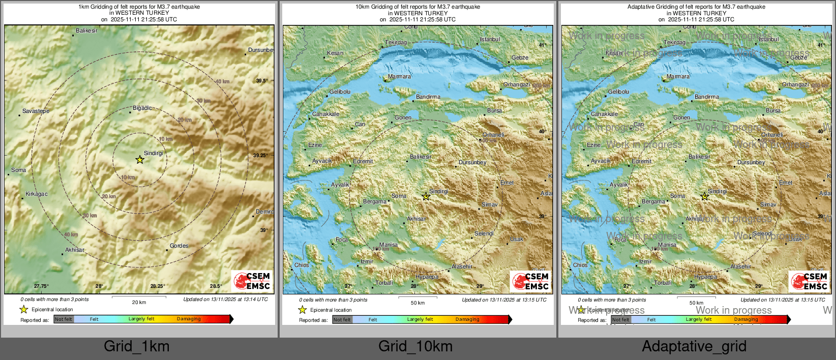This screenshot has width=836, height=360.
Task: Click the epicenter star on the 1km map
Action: click(140, 160)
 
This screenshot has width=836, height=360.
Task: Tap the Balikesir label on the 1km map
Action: click(86, 31)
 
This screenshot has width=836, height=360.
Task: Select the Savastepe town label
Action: click(36, 111)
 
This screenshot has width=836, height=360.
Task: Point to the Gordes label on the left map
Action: click(179, 246)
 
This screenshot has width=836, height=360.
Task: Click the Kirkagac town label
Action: click(37, 194)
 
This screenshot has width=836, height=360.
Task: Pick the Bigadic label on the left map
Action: click(142, 108)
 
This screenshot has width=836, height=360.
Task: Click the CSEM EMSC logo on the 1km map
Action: click(252, 281)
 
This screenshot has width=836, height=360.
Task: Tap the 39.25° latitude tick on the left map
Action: click(260, 156)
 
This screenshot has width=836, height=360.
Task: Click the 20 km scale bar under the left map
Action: click(139, 297)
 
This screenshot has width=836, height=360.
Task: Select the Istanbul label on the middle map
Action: click(490, 39)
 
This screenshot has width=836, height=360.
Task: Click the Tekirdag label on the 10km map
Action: click(396, 43)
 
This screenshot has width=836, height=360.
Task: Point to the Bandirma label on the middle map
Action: click(428, 97)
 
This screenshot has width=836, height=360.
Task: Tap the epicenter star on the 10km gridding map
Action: click(426, 197)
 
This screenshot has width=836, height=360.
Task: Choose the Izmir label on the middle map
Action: click(367, 261)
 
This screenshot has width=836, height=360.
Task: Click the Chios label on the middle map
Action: click(302, 265)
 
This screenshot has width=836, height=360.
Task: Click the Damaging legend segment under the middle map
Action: click(467, 319)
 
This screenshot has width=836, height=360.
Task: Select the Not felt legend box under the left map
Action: click(64, 319)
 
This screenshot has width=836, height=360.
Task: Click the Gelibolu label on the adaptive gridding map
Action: click(619, 92)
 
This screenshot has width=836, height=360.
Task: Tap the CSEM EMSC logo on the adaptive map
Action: click(809, 281)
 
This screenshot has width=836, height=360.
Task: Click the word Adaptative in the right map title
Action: click(642, 7)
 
